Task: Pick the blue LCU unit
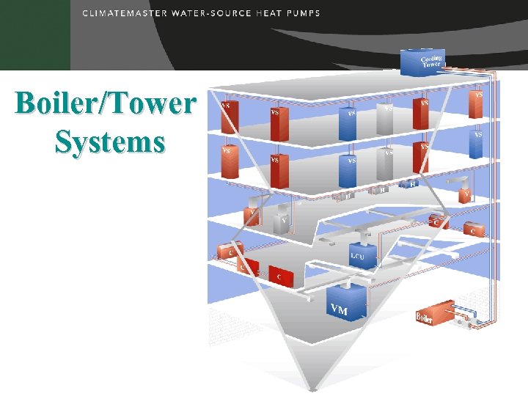tap(362, 254)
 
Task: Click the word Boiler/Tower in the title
tap(106, 103)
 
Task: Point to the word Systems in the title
tap(109, 140)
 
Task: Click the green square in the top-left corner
tap(34, 34)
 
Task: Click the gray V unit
tap(281, 223)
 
